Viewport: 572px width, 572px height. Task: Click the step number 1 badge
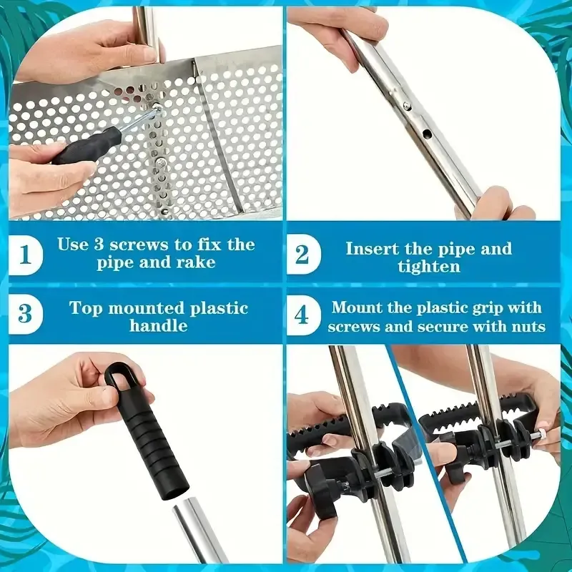(25, 255)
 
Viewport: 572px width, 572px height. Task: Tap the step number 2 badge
(302, 255)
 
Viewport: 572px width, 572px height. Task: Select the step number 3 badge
(25, 314)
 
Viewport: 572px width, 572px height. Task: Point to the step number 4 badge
(302, 315)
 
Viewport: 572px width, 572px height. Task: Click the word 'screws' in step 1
(140, 245)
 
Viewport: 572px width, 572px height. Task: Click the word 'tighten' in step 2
(428, 267)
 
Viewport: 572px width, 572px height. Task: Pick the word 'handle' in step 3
(158, 325)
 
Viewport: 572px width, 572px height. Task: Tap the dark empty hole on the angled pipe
(427, 134)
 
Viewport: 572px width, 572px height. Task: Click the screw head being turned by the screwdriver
(157, 107)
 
